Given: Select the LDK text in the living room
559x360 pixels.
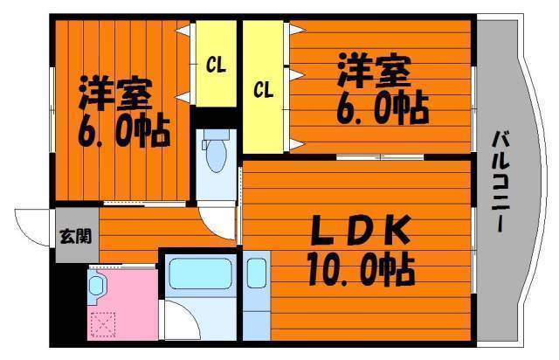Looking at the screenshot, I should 357,232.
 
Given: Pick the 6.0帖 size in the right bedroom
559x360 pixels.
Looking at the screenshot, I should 381,107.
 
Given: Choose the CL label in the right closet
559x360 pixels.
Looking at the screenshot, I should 263,88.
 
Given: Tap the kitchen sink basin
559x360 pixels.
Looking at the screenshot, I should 256,274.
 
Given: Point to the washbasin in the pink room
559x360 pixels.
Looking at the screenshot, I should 98,283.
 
